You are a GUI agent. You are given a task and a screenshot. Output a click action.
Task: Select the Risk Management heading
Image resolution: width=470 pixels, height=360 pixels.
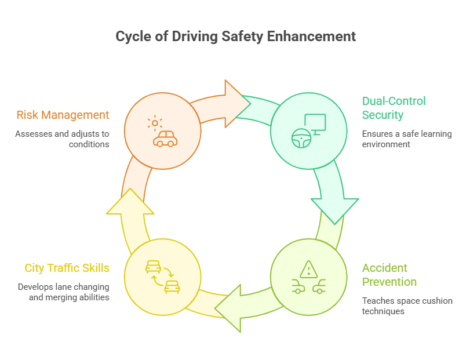63,115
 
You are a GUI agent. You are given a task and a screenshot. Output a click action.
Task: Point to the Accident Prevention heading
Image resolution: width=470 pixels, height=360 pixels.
389,275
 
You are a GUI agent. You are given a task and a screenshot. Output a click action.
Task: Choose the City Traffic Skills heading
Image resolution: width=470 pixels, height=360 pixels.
67,268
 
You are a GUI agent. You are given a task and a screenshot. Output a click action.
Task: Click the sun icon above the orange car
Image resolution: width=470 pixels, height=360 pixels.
155,123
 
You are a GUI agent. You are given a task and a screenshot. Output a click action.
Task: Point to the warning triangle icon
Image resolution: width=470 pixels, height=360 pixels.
308,268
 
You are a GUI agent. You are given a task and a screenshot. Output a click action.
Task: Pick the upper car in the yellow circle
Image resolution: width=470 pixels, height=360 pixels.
153,267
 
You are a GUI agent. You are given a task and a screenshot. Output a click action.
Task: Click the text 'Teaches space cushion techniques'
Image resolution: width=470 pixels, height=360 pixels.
407,306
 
